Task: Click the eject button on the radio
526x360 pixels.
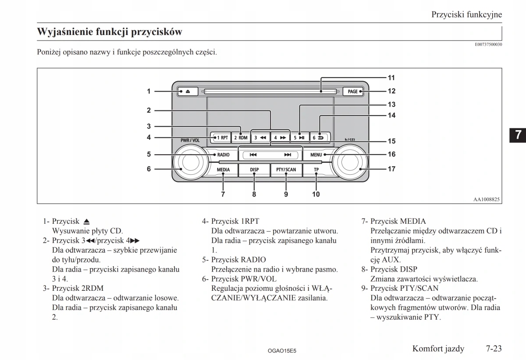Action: click(x=188, y=92)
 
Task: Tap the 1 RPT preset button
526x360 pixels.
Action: click(x=220, y=138)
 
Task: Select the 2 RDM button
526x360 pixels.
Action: click(x=241, y=138)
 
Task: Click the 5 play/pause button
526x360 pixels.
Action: click(x=299, y=138)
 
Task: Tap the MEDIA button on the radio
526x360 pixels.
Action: click(x=223, y=169)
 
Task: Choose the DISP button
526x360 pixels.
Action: click(x=254, y=169)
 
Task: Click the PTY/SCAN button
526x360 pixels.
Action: click(x=286, y=169)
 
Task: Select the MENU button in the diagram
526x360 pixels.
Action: click(x=316, y=155)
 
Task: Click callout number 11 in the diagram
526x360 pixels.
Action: click(x=391, y=78)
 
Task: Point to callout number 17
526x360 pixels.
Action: click(x=391, y=169)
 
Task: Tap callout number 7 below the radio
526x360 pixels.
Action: click(x=223, y=194)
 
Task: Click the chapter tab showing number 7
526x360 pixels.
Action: click(x=518, y=134)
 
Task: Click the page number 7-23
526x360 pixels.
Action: click(x=493, y=349)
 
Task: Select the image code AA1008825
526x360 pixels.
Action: click(x=487, y=199)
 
